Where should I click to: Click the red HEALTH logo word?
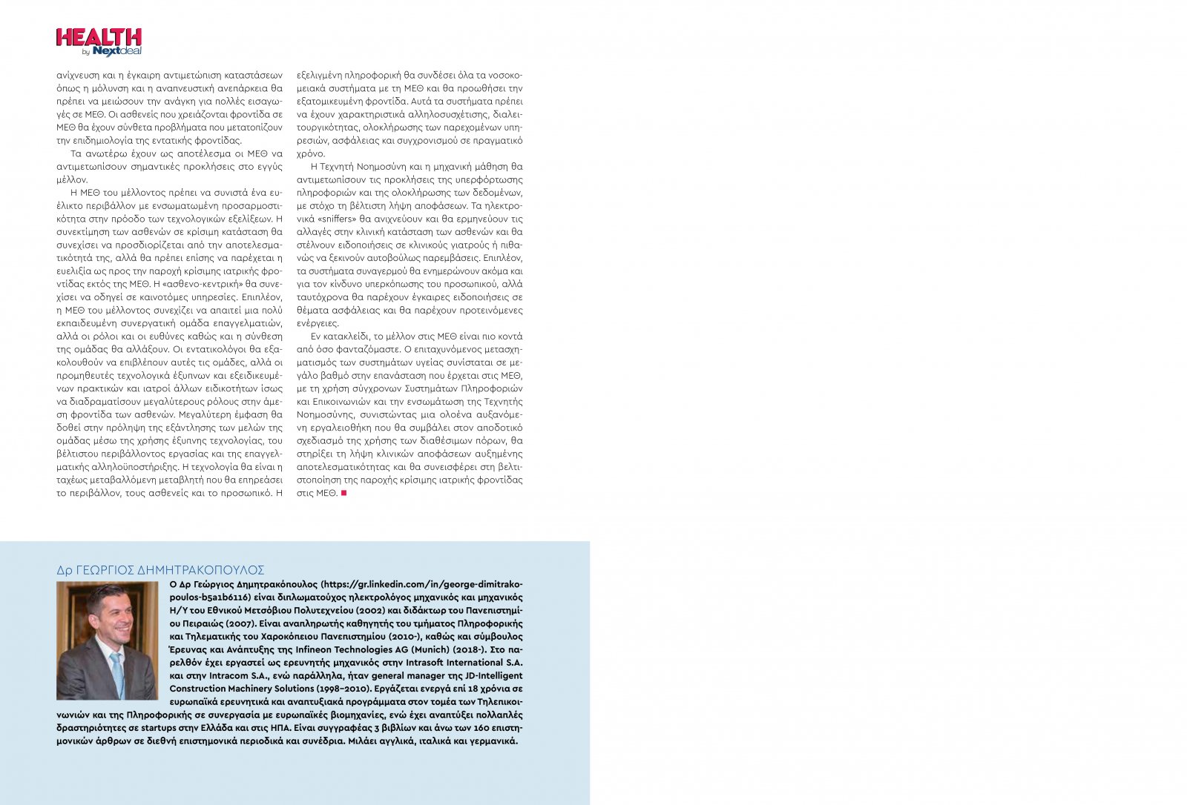point(99,38)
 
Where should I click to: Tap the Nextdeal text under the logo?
point(116,51)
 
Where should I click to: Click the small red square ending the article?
point(343,493)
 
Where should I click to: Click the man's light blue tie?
point(117,671)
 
